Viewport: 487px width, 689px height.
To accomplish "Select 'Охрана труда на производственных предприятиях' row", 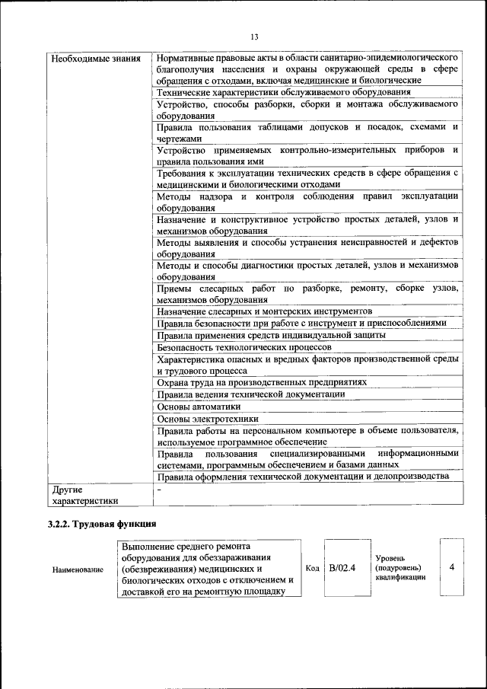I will [262, 382].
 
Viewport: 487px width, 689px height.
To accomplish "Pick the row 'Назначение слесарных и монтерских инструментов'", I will [264, 311].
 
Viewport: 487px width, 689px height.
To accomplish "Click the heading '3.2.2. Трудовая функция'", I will [101, 524].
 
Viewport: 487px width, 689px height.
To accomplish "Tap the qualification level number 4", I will [452, 568].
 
